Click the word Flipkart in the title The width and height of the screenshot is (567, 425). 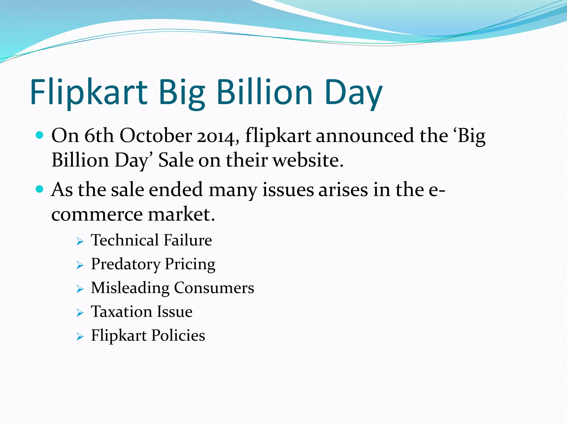point(89,93)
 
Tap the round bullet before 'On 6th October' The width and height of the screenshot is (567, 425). point(40,135)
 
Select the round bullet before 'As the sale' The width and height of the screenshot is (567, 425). point(40,189)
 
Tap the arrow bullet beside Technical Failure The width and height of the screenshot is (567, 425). point(80,242)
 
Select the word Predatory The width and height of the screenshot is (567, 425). point(126,264)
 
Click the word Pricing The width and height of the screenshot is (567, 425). point(190,264)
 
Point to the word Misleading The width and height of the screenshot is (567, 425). point(130,288)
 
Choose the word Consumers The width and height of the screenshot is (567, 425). point(214,288)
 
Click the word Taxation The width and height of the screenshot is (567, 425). point(122,312)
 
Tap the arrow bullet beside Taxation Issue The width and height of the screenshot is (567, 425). point(80,313)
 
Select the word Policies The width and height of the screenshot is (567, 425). point(178,336)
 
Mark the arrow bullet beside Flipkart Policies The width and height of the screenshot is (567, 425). point(80,337)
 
